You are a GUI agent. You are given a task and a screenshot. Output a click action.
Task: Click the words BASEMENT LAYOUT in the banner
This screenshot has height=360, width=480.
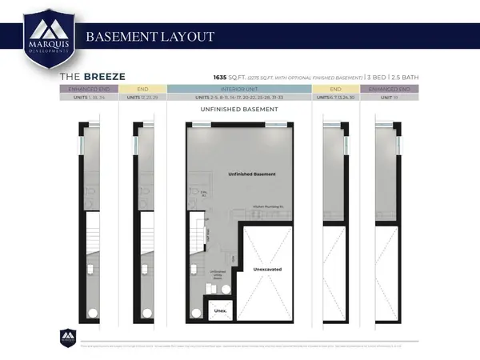150,37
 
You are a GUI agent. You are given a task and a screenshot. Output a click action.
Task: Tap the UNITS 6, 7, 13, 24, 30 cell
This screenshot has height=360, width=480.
335,98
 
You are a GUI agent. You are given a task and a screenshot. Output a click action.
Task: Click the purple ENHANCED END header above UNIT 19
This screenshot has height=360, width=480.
390,89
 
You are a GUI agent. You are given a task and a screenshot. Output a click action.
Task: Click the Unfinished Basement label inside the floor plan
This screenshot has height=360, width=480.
251,174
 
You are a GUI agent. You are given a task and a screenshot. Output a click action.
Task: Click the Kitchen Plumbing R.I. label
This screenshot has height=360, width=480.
270,206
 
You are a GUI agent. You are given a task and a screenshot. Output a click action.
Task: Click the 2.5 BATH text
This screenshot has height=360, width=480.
404,77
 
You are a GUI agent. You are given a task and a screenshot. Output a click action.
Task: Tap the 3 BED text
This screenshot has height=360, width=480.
374,77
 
